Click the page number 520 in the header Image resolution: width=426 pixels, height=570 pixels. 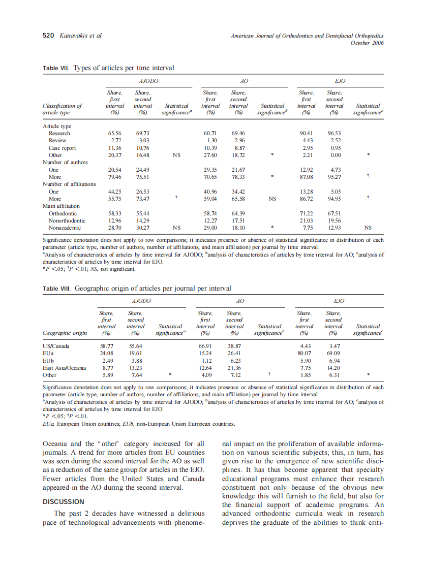[x=47, y=36]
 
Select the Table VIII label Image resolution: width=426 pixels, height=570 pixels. [x=57, y=288]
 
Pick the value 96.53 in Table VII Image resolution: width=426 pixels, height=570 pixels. [x=333, y=133]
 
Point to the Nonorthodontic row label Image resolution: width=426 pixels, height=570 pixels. [x=66, y=221]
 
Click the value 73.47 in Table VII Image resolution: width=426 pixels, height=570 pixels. [x=142, y=199]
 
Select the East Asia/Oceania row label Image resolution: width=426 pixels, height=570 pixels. [x=64, y=368]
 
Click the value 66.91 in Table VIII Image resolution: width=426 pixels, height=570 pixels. [x=204, y=345]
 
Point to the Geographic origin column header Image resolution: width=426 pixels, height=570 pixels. [x=65, y=333]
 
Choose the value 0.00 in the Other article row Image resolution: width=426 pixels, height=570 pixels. [x=333, y=155]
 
